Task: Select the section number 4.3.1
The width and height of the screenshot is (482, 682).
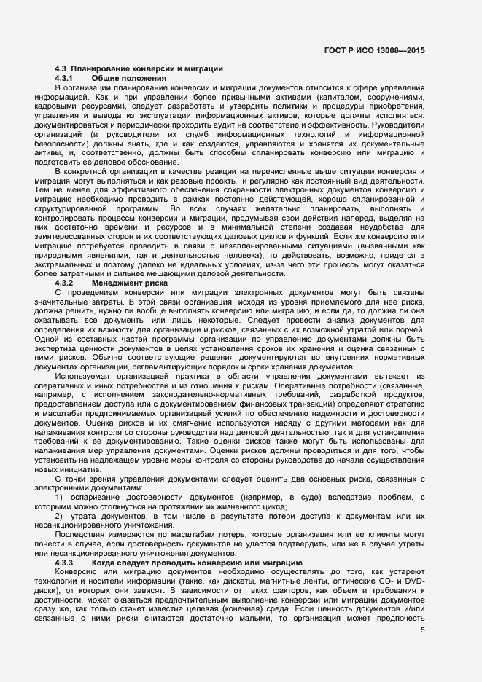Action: click(x=64, y=78)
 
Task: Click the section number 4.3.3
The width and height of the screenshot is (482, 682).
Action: click(x=64, y=563)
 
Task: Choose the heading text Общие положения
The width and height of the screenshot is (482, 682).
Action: click(x=129, y=78)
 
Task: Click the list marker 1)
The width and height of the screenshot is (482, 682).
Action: click(x=60, y=498)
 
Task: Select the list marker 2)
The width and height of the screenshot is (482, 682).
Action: click(x=60, y=517)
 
